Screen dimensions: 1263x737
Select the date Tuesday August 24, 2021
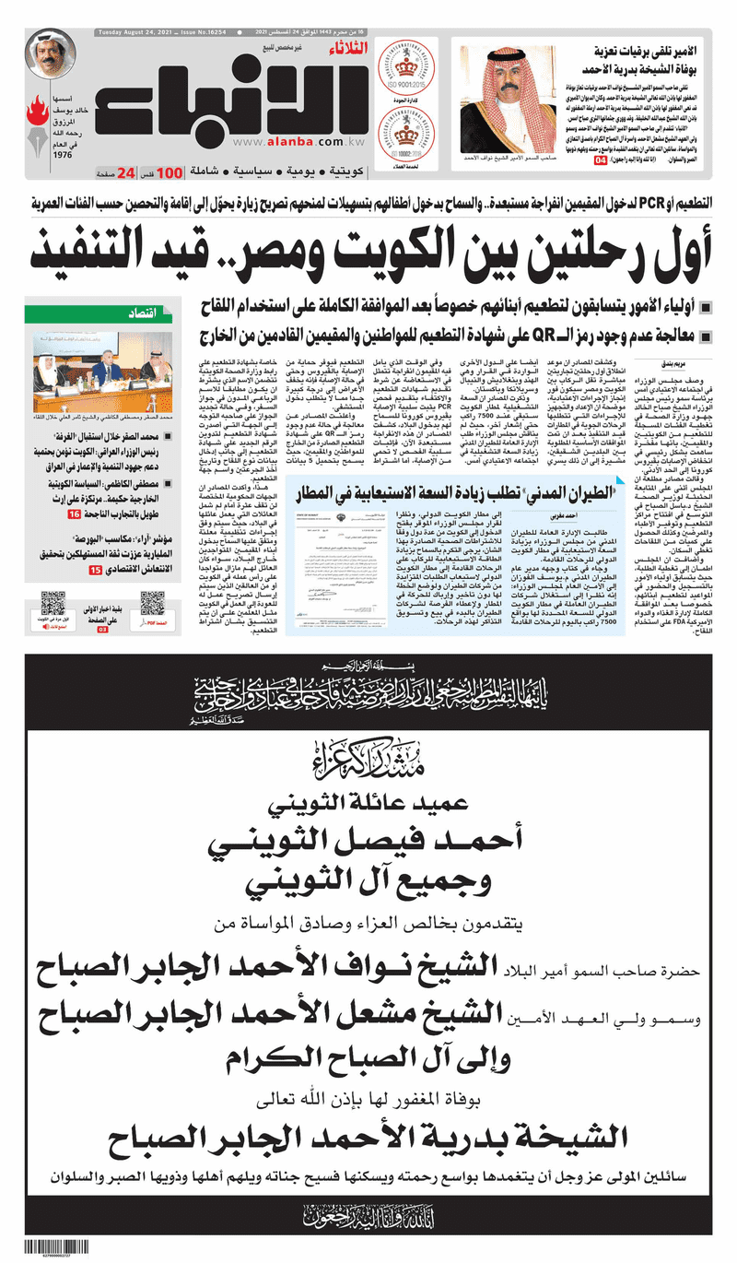pyautogui.click(x=134, y=33)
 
